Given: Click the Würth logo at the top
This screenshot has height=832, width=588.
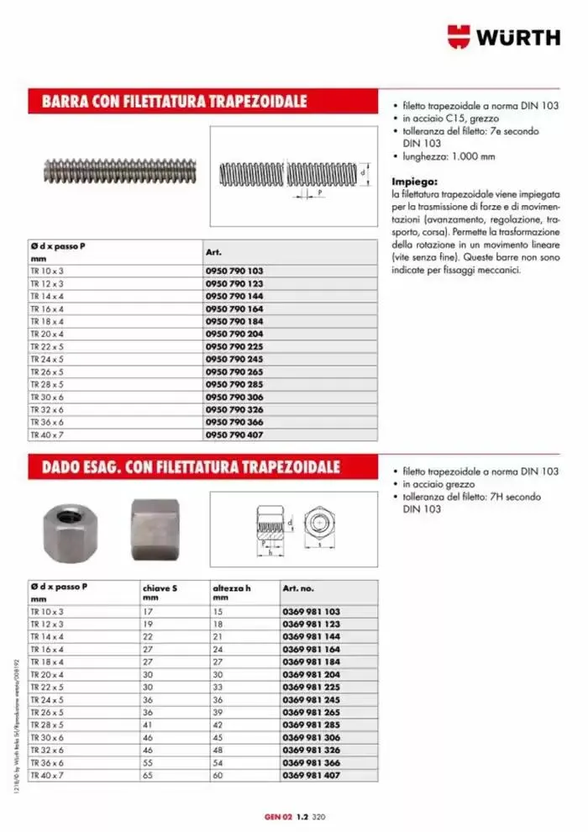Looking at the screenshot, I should coord(503,37).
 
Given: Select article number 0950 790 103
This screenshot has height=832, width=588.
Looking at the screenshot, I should coord(234,271).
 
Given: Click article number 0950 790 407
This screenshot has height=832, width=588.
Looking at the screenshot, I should coord(234,434).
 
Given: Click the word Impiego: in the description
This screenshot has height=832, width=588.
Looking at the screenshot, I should coord(414,181).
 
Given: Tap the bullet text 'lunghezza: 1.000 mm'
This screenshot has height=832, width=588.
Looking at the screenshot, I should coord(449,156).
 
